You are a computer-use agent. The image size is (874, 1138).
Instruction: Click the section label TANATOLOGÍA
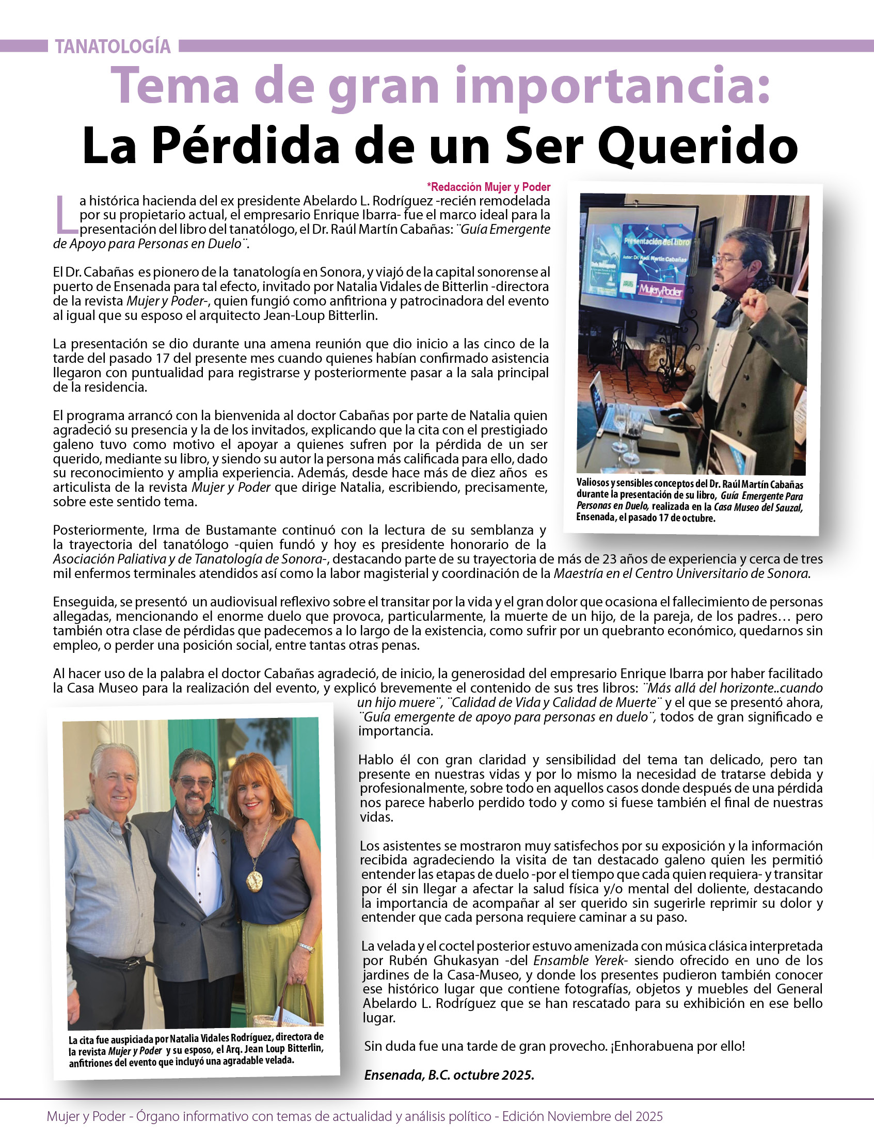pyautogui.click(x=113, y=47)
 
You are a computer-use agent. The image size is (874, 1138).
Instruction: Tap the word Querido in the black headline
pyautogui.click(x=697, y=146)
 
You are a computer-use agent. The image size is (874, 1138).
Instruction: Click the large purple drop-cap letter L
pyautogui.click(x=65, y=214)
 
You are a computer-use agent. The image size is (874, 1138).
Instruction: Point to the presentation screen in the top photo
pyautogui.click(x=641, y=265)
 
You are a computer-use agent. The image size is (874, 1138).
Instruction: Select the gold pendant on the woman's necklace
pyautogui.click(x=255, y=878)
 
